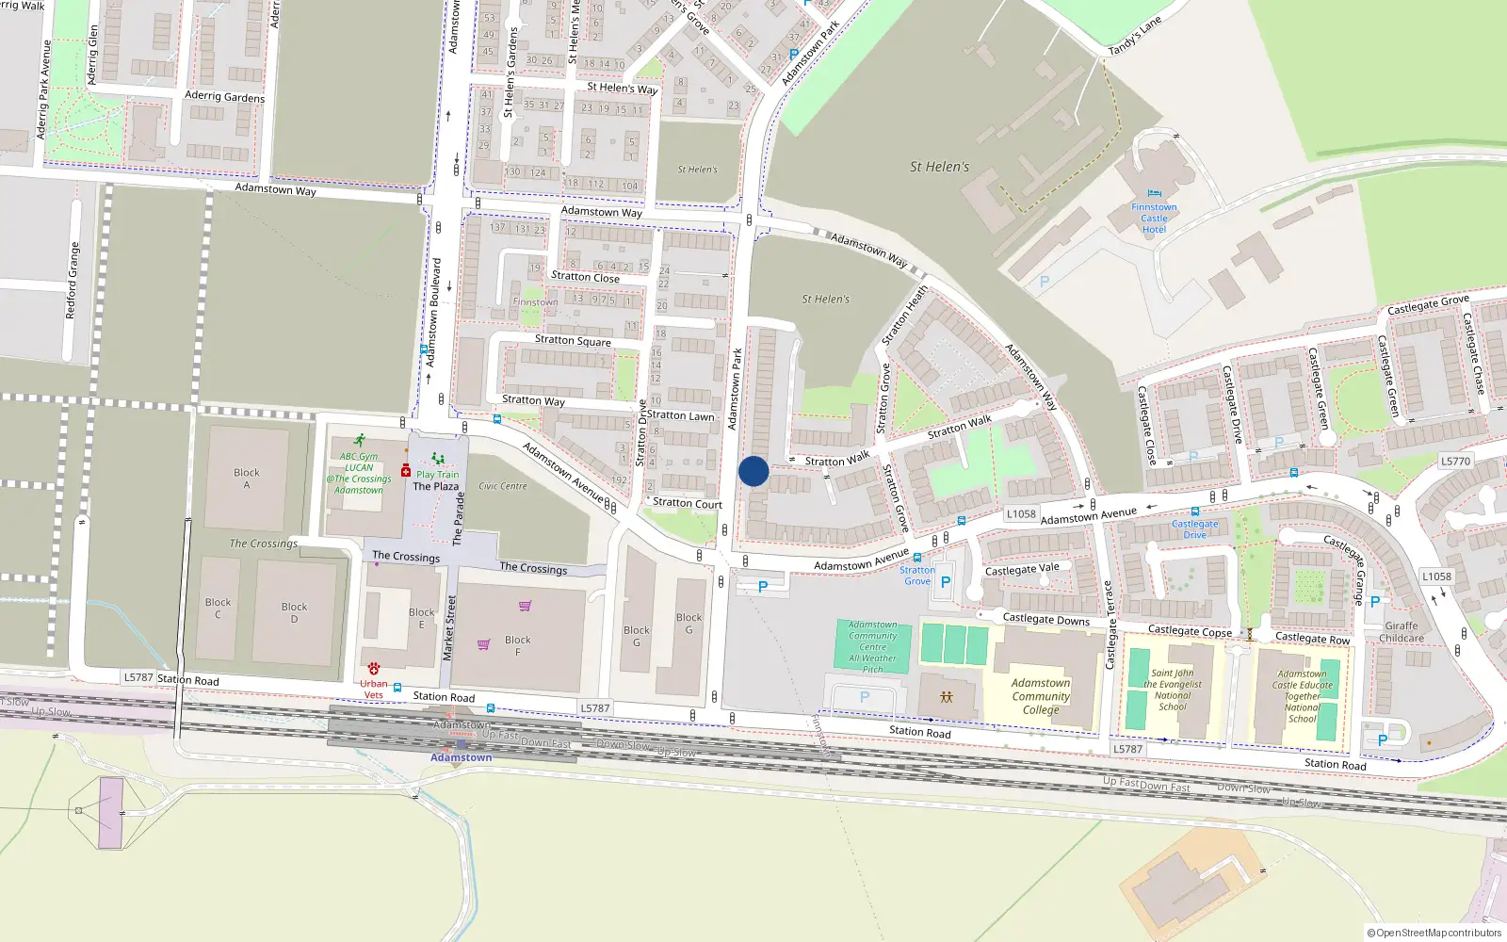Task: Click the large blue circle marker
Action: [753, 471]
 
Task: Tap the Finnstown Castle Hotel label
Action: [1154, 219]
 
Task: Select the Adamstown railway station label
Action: [461, 757]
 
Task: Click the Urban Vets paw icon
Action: [374, 669]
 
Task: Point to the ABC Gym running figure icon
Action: [360, 440]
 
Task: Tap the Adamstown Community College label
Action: [1041, 696]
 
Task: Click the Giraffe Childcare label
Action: [1402, 632]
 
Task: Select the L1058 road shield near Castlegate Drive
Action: [1021, 514]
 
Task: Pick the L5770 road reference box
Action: [1455, 462]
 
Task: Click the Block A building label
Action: [247, 479]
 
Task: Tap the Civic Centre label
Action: [503, 486]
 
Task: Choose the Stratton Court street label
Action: [688, 503]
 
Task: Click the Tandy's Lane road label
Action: [1135, 36]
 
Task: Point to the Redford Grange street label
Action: [73, 281]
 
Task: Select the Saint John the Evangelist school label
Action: [1173, 690]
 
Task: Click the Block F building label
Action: [517, 645]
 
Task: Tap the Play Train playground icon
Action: [438, 460]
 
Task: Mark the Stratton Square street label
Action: [573, 340]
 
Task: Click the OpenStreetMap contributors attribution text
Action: [1434, 934]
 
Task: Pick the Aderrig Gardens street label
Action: [224, 96]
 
